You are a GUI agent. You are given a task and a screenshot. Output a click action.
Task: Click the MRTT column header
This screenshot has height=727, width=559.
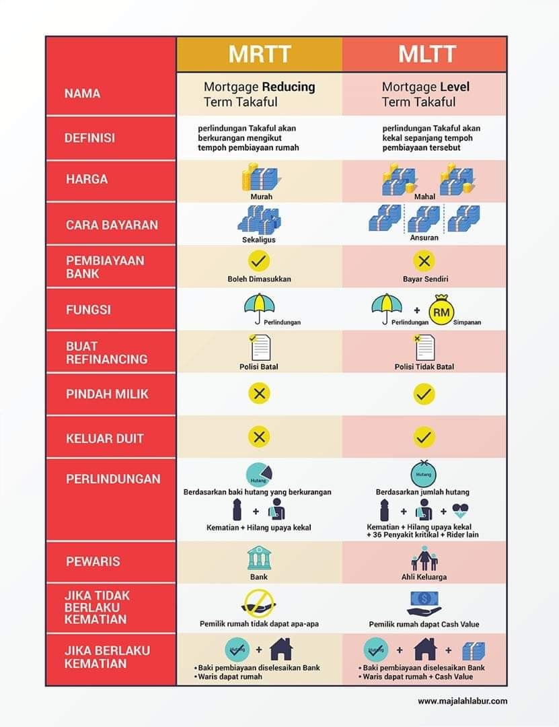pos(260,55)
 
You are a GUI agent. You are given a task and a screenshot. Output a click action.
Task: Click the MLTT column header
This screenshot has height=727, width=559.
pos(427,55)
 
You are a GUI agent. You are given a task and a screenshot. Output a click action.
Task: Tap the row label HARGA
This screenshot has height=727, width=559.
pos(87,179)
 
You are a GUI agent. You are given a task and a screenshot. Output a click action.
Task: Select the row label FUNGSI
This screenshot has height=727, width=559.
pos(88,310)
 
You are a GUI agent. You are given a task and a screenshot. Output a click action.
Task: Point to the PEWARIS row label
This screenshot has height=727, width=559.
pos(93,561)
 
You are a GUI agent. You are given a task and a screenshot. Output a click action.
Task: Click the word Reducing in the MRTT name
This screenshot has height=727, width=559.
pos(289,87)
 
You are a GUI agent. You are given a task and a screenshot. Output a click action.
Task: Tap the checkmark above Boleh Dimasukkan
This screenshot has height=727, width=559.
pos(258,261)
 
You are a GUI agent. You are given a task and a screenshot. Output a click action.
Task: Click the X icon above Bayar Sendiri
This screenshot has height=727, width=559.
pos(424,261)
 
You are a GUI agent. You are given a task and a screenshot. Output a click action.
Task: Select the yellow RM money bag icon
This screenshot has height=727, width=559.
pos(441,311)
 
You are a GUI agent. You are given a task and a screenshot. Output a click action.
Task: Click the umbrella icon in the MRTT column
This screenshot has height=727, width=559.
pos(259,308)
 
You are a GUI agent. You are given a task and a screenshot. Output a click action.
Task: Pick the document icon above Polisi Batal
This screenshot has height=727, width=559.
pos(260,348)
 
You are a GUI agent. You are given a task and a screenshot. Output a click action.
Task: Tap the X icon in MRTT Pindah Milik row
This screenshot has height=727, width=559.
pos(259,394)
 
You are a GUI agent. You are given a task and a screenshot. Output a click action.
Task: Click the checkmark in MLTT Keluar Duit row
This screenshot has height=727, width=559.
pos(424,437)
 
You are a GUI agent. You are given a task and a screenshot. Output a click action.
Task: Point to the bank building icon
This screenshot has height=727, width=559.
pos(259,558)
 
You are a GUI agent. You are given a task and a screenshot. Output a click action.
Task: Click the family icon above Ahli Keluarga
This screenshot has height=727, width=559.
pos(424,558)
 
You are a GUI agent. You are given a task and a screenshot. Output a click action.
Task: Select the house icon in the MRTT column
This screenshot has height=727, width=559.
pos(281,649)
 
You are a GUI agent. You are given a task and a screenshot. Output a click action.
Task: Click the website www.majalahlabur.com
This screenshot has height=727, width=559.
pos(463,701)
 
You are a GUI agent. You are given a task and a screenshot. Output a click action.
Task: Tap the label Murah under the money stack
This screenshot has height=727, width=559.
pos(262,197)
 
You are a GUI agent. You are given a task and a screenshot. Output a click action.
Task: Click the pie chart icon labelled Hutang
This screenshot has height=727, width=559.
pos(259,475)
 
